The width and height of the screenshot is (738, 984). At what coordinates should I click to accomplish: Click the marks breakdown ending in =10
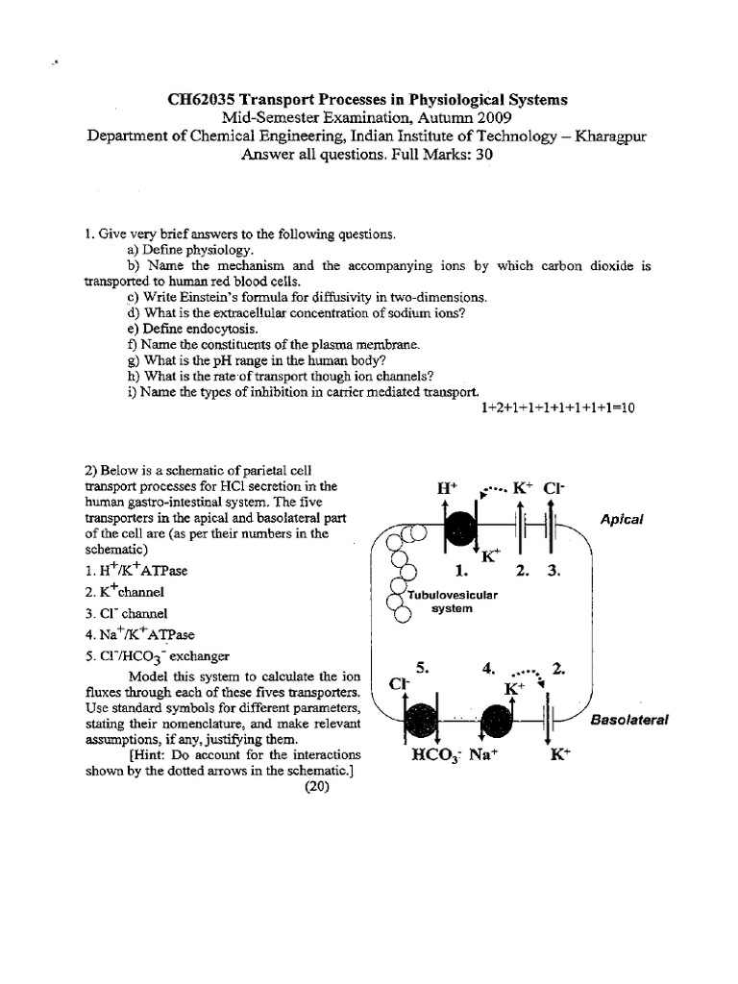pyautogui.click(x=557, y=407)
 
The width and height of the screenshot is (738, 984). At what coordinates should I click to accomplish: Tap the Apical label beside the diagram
pyautogui.click(x=621, y=519)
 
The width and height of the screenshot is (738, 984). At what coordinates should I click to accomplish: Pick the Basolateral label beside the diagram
pyautogui.click(x=628, y=719)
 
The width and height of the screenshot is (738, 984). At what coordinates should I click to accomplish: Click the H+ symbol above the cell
pyautogui.click(x=447, y=488)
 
